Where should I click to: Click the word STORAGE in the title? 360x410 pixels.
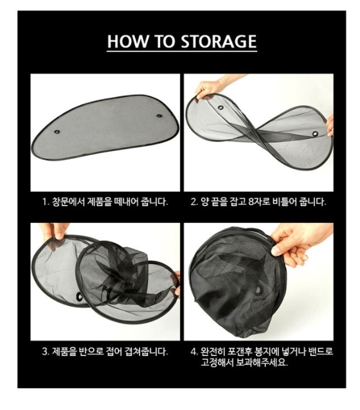click(219, 41)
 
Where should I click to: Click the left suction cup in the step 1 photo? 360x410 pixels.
click(57, 132)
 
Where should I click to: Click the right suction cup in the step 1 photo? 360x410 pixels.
click(159, 116)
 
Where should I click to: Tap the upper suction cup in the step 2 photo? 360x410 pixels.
click(221, 107)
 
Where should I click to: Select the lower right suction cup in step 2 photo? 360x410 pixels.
click(315, 134)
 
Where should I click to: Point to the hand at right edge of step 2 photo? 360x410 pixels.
click(330, 126)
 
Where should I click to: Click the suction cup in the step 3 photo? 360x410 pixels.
click(78, 296)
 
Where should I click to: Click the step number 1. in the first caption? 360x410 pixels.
click(46, 202)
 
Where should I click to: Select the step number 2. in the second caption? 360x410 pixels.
click(194, 202)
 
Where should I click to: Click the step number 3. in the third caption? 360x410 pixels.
click(46, 352)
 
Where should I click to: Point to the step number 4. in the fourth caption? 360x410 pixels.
click(194, 352)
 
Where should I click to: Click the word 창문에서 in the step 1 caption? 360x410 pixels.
click(68, 202)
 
